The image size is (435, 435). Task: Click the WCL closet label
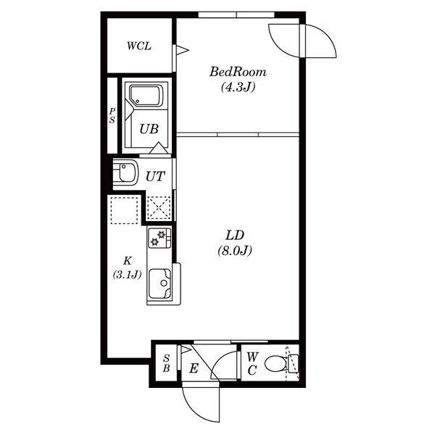point(139,46)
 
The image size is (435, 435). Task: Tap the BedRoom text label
point(238,72)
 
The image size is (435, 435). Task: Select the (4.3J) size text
point(238,88)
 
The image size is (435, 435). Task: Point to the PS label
point(112,115)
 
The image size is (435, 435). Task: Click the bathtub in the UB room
point(146,96)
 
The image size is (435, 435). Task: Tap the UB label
point(149,129)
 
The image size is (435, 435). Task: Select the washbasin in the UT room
point(125,173)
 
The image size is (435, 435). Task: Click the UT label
point(155,176)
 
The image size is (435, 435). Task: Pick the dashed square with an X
point(158,207)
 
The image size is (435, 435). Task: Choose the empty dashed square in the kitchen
point(124,210)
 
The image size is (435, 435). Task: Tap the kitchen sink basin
point(159,283)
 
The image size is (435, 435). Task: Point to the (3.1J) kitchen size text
point(127,274)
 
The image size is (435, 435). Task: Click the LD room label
point(235,235)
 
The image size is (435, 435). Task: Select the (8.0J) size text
point(235,251)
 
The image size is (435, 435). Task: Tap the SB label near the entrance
point(166,363)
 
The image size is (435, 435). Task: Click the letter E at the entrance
point(194,369)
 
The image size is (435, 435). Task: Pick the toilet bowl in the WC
point(275,364)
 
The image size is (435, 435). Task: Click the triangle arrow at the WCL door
point(183,50)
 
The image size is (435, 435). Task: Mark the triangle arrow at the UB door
point(159,148)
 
